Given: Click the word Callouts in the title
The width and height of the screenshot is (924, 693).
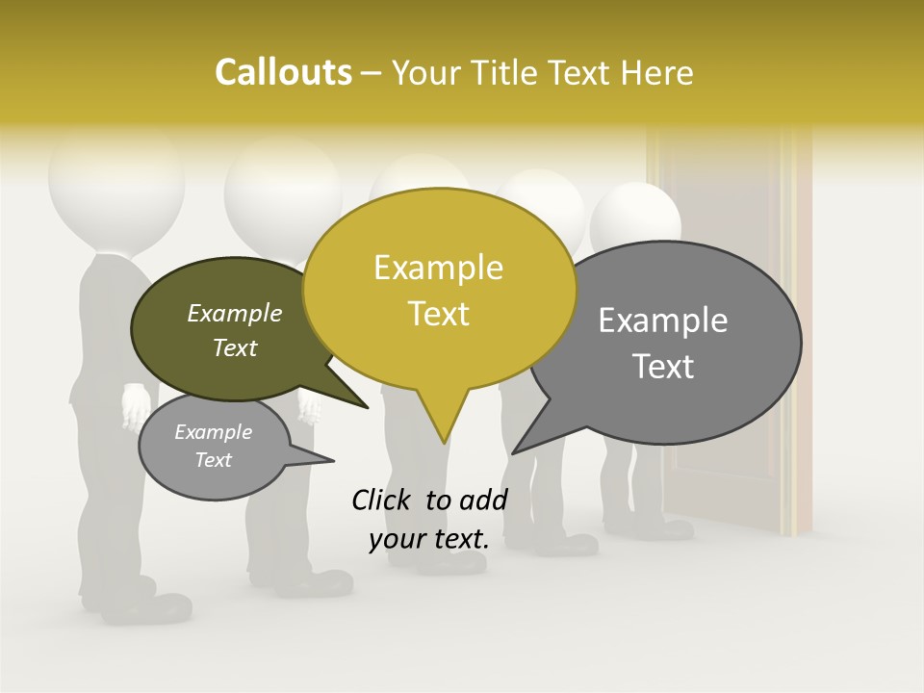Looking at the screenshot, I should click(x=283, y=73).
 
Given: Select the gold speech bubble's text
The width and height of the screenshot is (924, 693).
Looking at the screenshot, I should click(x=439, y=290).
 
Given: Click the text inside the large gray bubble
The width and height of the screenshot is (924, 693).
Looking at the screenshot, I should click(x=663, y=343).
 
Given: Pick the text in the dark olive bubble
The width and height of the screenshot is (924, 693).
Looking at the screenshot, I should click(x=235, y=329).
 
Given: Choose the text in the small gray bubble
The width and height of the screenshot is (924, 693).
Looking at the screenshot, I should click(x=214, y=446).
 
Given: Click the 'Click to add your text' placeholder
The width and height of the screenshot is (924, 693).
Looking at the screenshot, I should click(x=428, y=519).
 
